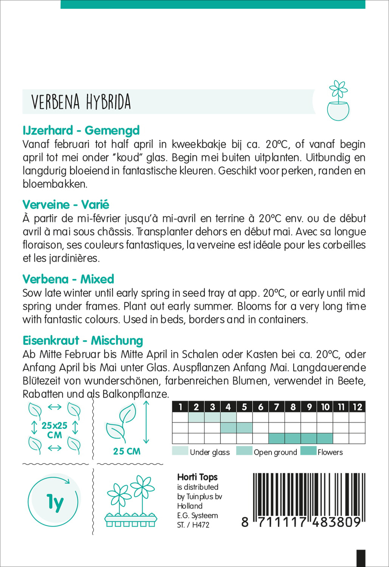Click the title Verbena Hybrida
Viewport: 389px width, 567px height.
coord(81,102)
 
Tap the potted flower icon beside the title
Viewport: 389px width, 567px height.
coord(338,101)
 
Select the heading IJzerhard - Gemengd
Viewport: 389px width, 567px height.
coord(81,130)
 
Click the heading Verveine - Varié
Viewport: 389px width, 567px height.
coord(66,205)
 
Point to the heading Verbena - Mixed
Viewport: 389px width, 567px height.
coord(68,279)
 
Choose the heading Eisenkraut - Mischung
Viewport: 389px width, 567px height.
coord(83,341)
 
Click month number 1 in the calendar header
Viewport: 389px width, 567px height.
coord(180,407)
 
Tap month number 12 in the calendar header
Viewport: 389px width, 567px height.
coord(357,407)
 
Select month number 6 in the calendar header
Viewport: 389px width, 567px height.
coord(260,407)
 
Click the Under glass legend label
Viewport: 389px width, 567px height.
coord(210,452)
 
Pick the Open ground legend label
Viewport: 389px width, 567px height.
coord(275,452)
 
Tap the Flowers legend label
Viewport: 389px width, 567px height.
coord(330,452)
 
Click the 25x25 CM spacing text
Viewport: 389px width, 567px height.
coord(54,430)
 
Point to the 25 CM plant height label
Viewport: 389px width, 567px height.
coord(127,451)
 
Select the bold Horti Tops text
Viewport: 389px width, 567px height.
coord(197,477)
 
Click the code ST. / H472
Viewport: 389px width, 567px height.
coord(193,525)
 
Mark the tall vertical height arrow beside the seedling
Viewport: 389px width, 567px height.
coord(147,422)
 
